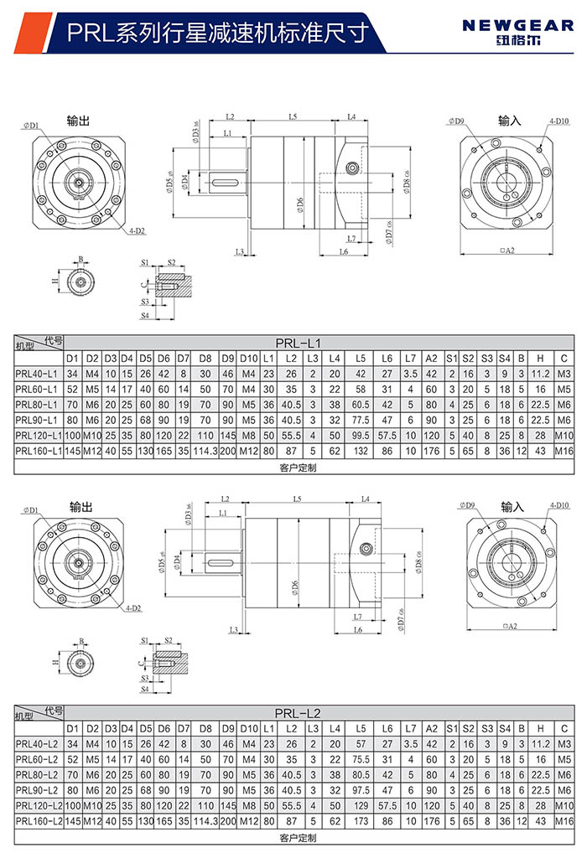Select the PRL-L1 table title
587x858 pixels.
[299, 342]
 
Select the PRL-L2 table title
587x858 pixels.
[298, 713]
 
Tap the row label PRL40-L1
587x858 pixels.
[37, 374]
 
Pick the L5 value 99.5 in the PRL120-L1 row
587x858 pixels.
[361, 435]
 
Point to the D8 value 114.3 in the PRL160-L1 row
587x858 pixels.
[205, 451]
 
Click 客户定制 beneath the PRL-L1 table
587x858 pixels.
[298, 468]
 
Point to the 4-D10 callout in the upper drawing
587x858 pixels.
[559, 121]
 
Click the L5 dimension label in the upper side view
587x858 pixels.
[293, 116]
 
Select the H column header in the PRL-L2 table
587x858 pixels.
[541, 728]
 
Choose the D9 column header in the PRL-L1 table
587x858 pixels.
[227, 358]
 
